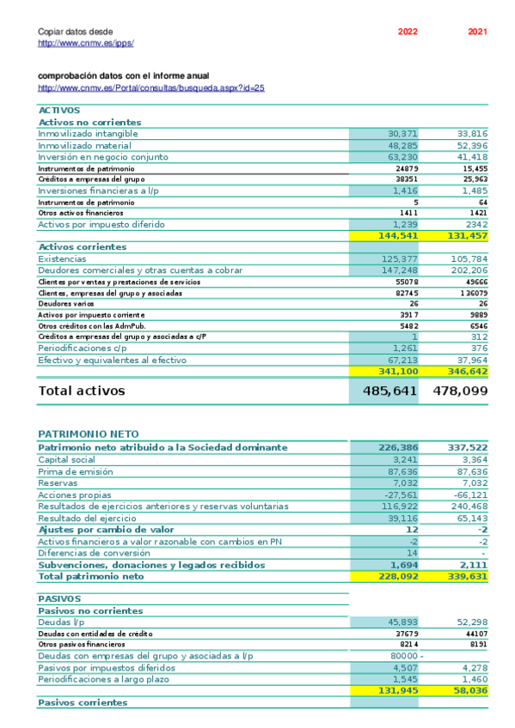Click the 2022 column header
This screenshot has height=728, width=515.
point(408,32)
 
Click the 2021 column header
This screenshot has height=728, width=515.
point(477,32)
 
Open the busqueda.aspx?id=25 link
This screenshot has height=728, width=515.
point(151,88)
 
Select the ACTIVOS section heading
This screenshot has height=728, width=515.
point(59,111)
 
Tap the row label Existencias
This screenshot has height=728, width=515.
point(62,258)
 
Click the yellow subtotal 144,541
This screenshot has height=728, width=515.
point(398,235)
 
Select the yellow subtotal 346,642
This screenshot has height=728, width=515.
point(468,372)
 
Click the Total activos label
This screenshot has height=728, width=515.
point(82,391)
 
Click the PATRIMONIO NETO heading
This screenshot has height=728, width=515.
point(89,435)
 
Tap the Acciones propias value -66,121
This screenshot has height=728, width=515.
point(470,495)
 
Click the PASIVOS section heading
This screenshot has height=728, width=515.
point(59,598)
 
